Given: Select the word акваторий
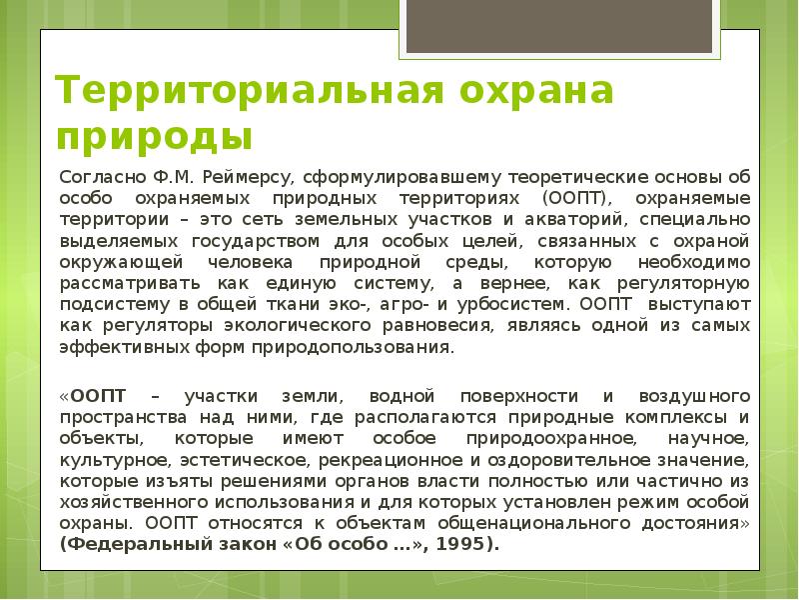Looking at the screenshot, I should coord(530,220).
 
